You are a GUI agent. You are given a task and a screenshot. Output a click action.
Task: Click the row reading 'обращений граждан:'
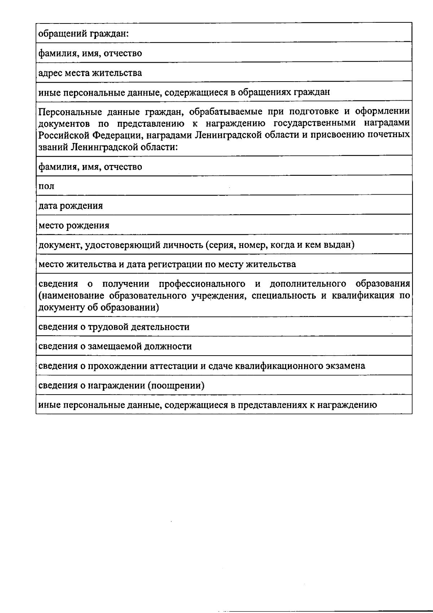(84, 34)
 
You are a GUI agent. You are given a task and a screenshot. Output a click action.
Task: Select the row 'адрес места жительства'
(90, 73)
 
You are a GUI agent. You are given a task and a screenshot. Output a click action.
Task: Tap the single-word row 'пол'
(47, 186)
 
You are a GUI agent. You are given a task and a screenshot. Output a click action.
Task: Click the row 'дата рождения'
(71, 206)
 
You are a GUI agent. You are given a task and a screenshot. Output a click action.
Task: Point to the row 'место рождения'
(74, 225)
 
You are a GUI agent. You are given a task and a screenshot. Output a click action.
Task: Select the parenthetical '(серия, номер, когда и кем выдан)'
(280, 245)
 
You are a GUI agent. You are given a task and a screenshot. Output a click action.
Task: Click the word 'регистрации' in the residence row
(177, 264)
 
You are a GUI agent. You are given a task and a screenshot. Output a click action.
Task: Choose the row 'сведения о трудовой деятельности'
(114, 327)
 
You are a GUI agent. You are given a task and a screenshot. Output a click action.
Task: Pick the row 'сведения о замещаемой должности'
(115, 346)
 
